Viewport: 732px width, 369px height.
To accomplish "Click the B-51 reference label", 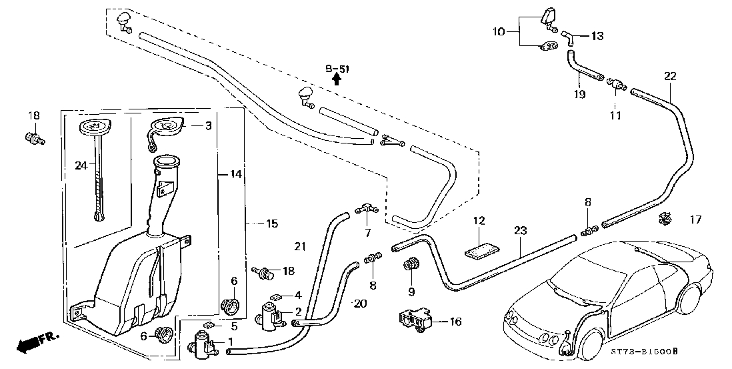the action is pyautogui.click(x=337, y=69).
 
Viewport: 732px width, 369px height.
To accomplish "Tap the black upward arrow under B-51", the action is pyautogui.click(x=337, y=80).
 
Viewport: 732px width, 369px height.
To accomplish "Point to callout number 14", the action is pyautogui.click(x=236, y=175).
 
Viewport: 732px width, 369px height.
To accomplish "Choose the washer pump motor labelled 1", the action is pyautogui.click(x=202, y=346).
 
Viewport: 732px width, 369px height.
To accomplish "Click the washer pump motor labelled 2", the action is pyautogui.click(x=270, y=316).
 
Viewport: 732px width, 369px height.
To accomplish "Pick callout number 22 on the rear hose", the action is pyautogui.click(x=670, y=76).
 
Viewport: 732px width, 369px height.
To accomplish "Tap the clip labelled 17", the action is pyautogui.click(x=665, y=218).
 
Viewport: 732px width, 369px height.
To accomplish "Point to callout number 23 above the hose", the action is pyautogui.click(x=521, y=231).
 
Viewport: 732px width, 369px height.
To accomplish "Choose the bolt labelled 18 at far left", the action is pyautogui.click(x=33, y=137).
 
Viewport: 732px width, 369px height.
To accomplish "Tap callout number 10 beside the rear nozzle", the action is pyautogui.click(x=499, y=32).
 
